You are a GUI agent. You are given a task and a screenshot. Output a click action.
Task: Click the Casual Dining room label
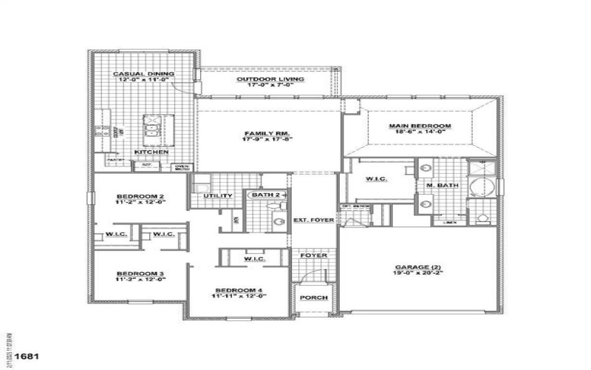tap(143, 74)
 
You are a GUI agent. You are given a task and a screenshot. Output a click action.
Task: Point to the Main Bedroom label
tap(420, 127)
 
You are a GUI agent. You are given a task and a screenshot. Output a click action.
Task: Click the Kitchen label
tap(151, 152)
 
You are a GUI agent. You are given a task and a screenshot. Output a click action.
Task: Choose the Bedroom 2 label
tap(140, 198)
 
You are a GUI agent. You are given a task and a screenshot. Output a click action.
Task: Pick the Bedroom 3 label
tap(140, 275)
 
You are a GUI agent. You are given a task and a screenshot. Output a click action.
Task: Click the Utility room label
tap(218, 196)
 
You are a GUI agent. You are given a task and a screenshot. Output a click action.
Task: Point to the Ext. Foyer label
tap(314, 220)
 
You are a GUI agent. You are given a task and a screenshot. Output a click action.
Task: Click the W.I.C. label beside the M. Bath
tap(377, 180)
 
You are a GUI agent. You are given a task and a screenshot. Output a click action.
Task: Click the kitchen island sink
tap(153, 131)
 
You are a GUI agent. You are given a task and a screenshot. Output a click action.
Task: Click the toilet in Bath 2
tap(279, 220)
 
